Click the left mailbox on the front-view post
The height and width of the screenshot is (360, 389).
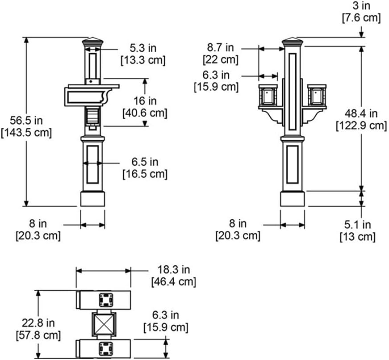pos(268,95)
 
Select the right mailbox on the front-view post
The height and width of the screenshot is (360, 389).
pos(317,95)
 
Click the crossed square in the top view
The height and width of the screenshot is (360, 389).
pos(104,324)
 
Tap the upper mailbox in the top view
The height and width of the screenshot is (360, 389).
pos(103,300)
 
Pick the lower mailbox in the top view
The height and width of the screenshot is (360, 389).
pos(103,348)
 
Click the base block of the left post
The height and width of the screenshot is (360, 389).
pos(92,199)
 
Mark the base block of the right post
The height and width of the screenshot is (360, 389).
pos(293,199)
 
